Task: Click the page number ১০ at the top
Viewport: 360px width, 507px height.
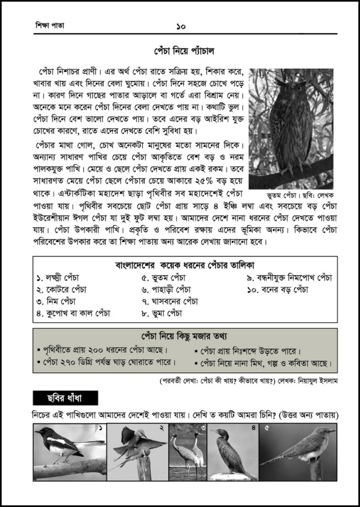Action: click(x=180, y=26)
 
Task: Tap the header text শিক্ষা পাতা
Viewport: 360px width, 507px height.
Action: click(x=50, y=26)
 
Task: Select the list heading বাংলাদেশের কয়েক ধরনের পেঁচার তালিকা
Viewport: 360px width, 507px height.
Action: click(x=185, y=264)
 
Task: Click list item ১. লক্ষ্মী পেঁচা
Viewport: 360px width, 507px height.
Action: click(x=58, y=278)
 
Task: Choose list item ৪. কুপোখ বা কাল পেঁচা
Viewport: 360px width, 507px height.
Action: click(x=73, y=313)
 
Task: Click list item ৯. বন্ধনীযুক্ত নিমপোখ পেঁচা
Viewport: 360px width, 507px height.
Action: click(x=290, y=278)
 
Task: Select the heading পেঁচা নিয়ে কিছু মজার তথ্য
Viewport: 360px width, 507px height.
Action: click(x=184, y=336)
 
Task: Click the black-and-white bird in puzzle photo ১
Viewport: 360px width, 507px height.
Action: click(x=64, y=444)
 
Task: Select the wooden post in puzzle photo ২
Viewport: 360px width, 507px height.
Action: click(x=144, y=468)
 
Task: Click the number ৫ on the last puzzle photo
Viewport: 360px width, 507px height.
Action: click(x=266, y=428)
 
